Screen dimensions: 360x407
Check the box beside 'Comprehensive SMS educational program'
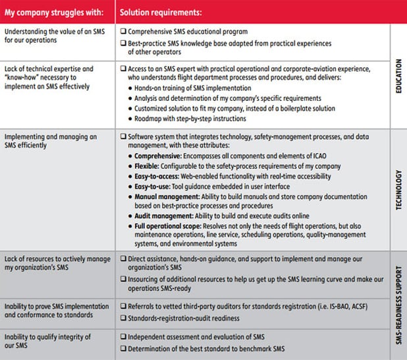[124, 32]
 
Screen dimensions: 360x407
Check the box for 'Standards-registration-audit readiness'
[124, 318]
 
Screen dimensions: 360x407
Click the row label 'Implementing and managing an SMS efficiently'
[50, 141]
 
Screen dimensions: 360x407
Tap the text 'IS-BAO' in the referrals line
[327, 306]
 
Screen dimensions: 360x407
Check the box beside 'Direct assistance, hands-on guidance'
[124, 257]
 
